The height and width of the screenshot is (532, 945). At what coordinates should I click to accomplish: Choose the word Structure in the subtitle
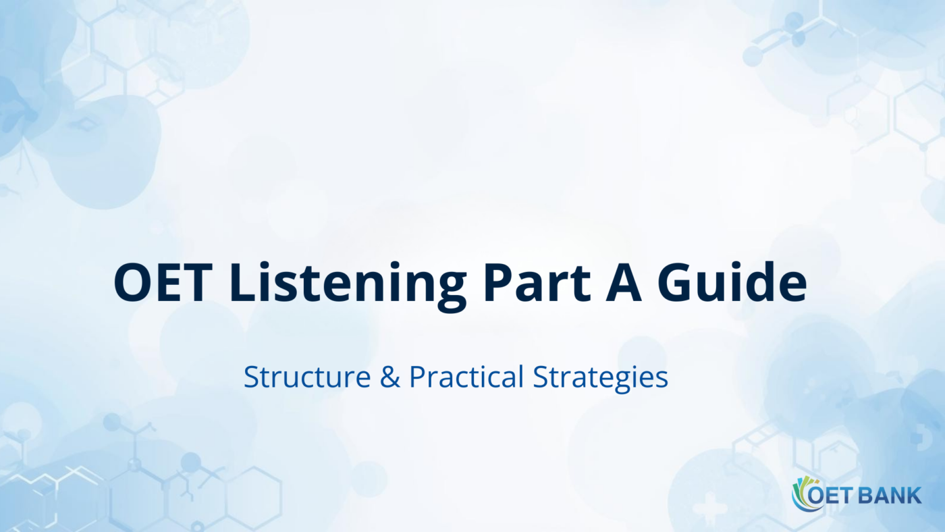pyautogui.click(x=306, y=377)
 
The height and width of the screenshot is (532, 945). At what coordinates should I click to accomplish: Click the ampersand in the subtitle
pyautogui.click(x=389, y=377)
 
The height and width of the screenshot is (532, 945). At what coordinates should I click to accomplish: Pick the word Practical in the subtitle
pyautogui.click(x=466, y=377)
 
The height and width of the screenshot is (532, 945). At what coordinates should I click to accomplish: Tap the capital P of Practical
pyautogui.click(x=416, y=377)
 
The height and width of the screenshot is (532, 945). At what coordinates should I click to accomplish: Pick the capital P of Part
pyautogui.click(x=496, y=282)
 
